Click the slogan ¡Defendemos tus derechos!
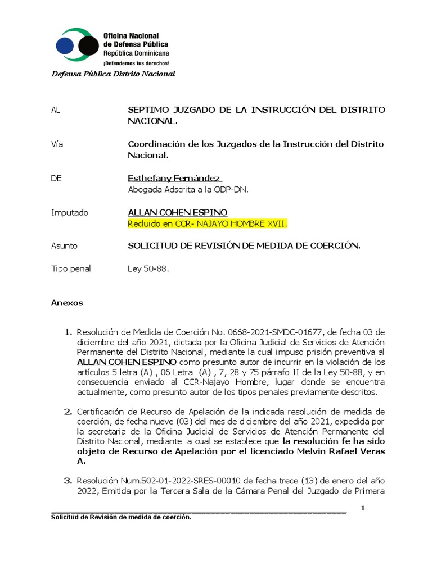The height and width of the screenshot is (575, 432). pos(136,63)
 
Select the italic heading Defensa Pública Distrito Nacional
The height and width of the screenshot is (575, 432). pos(113,74)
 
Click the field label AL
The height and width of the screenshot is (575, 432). pos(55,110)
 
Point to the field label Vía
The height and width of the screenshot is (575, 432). pos(57,144)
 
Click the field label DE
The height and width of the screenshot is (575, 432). pos(56,179)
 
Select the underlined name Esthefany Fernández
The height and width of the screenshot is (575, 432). pos(174,179)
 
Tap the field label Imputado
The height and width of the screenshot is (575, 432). pos(70,213)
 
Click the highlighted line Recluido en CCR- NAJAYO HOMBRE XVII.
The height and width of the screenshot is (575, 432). pos(208,224)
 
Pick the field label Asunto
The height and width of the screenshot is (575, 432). pos(64,246)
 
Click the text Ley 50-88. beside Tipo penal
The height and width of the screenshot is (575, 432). pos(148,269)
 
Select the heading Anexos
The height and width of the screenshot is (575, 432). pos(67,303)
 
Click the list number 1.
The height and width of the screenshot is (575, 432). pos(69,332)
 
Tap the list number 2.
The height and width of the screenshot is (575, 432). pos(69,412)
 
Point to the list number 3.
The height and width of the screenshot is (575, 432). pos(69,481)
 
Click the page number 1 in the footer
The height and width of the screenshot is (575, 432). pos(363,508)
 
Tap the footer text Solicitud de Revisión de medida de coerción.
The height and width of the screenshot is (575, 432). pos(121,518)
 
